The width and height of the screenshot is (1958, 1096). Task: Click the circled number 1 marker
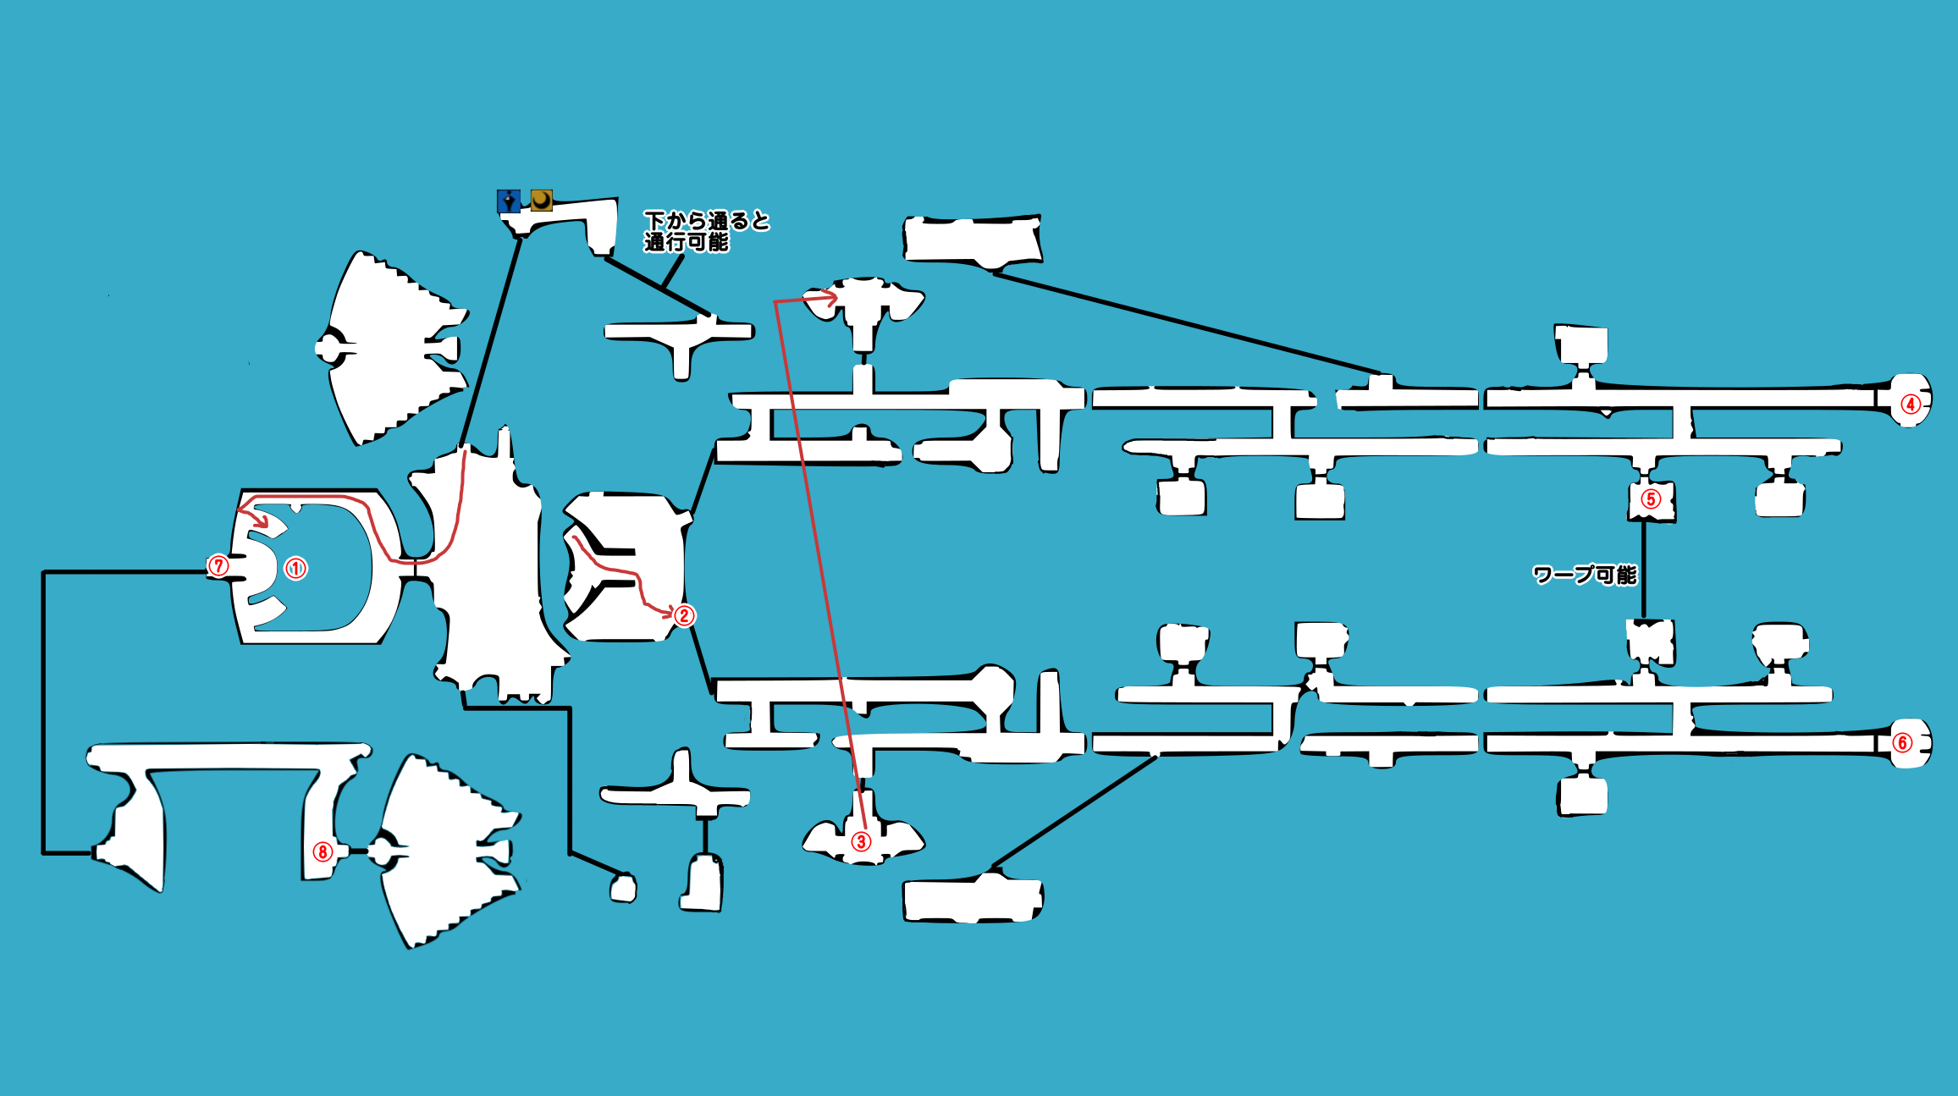tap(295, 568)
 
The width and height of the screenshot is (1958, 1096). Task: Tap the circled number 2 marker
tap(684, 615)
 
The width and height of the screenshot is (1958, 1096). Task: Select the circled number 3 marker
tap(861, 841)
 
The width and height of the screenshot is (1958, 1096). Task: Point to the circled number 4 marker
tap(1911, 404)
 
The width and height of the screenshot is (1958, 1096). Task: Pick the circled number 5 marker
tap(1650, 499)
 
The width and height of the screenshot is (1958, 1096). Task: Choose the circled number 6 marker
tap(1902, 743)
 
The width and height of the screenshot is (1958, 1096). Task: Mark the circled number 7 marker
tap(218, 565)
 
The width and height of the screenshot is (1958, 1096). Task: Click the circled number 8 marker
tap(323, 851)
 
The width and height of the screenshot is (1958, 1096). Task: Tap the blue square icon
tap(509, 201)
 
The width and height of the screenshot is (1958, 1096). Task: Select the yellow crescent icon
tap(542, 201)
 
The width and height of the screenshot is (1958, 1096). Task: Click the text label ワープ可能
tap(1585, 576)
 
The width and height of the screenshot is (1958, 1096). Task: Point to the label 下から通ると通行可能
tap(705, 231)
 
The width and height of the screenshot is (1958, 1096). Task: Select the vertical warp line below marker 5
tap(1644, 570)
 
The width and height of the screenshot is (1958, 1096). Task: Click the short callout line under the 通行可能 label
tap(672, 271)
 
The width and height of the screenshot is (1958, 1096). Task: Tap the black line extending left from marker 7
tap(127, 572)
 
